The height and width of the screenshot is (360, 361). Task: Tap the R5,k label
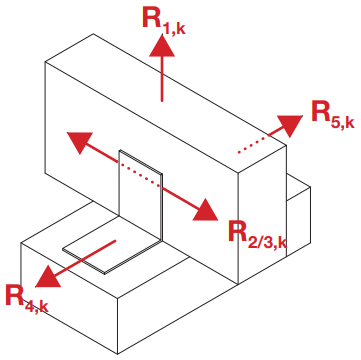[331, 114]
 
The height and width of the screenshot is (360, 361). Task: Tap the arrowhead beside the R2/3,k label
[205, 209]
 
